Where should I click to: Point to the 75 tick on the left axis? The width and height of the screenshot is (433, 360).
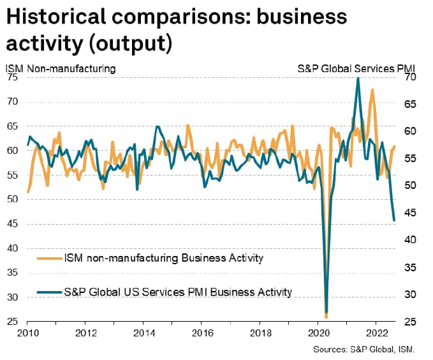point(13,77)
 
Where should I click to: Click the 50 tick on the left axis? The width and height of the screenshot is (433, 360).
point(13,200)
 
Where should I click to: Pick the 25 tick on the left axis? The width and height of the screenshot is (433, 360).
point(13,322)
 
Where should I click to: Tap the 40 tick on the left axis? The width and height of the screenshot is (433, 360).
point(13,249)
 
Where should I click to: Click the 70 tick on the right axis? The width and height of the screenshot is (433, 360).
point(410,77)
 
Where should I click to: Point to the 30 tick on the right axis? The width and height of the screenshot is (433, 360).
point(410,295)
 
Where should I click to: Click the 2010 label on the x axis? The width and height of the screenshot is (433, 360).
point(27,333)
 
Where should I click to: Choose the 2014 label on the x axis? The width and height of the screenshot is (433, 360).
point(144,333)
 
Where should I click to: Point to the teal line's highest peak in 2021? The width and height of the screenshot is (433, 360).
point(358,78)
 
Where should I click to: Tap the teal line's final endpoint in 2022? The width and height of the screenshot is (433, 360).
point(394,220)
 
